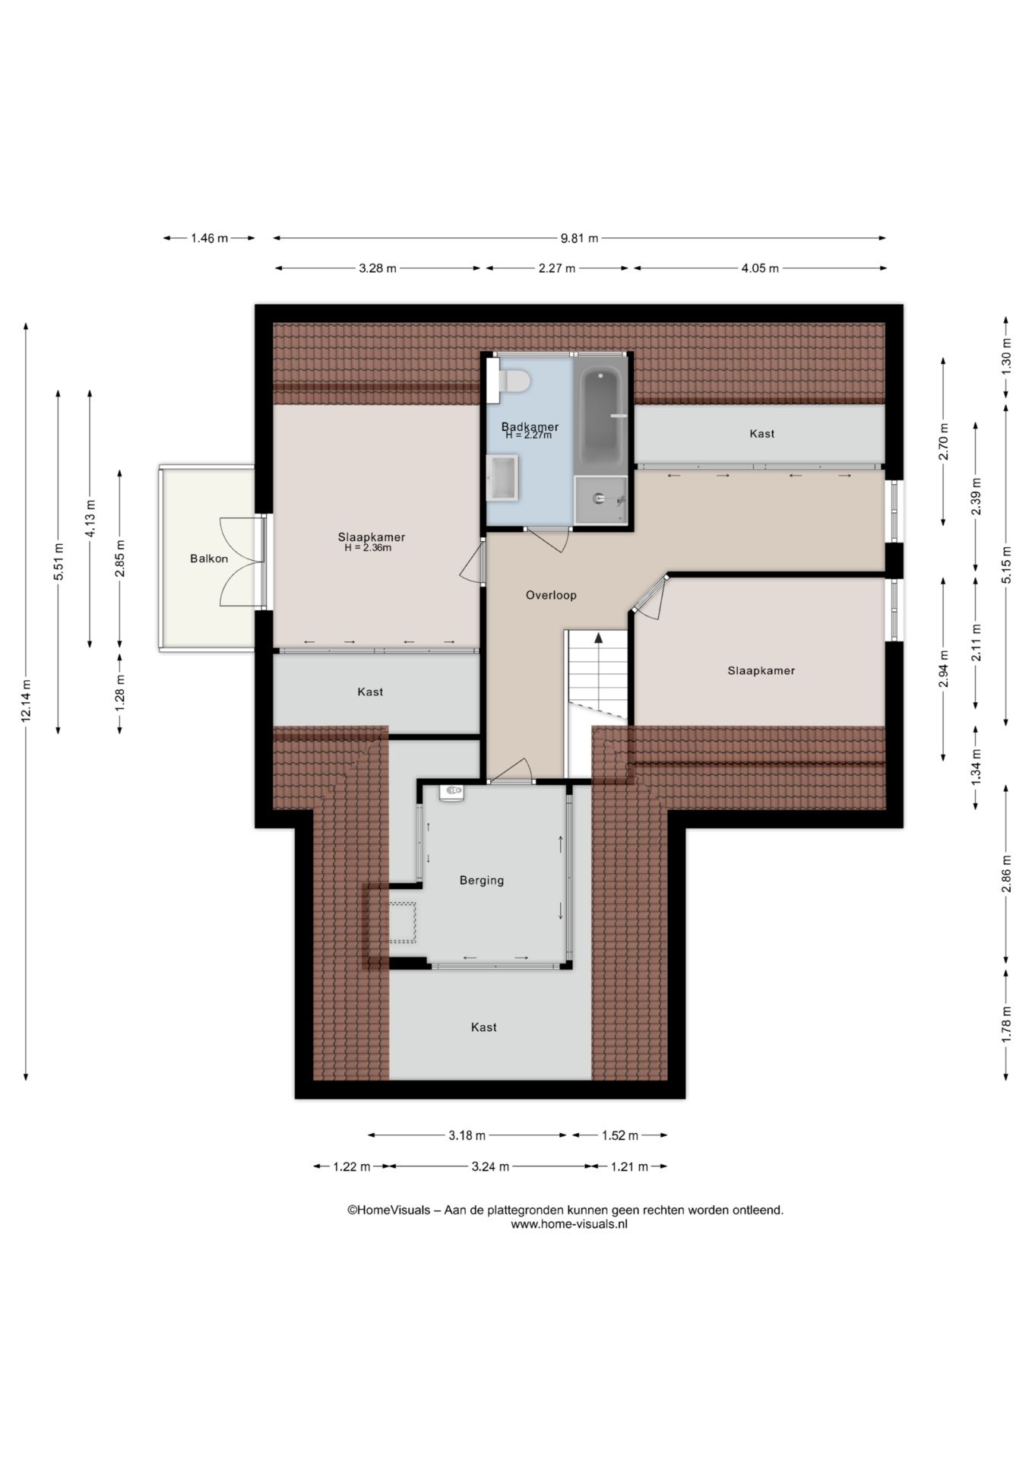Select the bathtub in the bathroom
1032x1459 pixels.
tap(600, 416)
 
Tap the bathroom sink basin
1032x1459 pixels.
tap(502, 478)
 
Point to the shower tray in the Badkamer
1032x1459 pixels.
tap(601, 500)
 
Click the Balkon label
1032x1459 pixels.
tap(209, 559)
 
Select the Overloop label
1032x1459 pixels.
tap(551, 595)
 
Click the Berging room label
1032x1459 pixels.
tap(482, 881)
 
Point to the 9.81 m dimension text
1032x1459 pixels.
tap(580, 238)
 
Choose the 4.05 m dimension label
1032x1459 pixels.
tap(760, 268)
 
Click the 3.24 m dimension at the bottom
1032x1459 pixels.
tap(490, 1166)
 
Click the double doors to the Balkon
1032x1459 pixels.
tap(242, 562)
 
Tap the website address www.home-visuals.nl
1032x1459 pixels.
tap(569, 1224)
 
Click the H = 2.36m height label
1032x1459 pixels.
tap(368, 548)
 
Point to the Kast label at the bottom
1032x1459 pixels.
tap(484, 1027)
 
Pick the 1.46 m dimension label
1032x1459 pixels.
tap(209, 238)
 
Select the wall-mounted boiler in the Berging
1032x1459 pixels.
tap(452, 793)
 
